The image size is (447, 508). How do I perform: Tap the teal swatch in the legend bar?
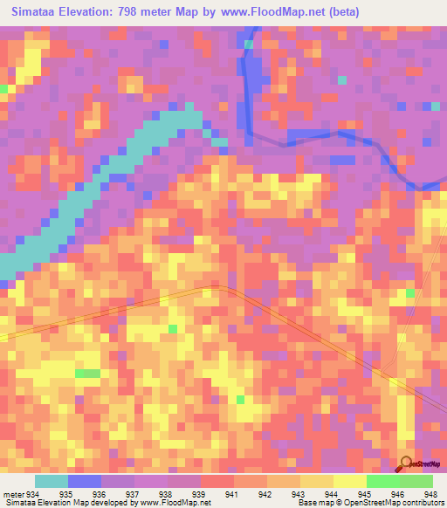pyautogui.click(x=51, y=482)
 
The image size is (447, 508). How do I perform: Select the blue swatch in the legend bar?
pyautogui.click(x=84, y=482)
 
